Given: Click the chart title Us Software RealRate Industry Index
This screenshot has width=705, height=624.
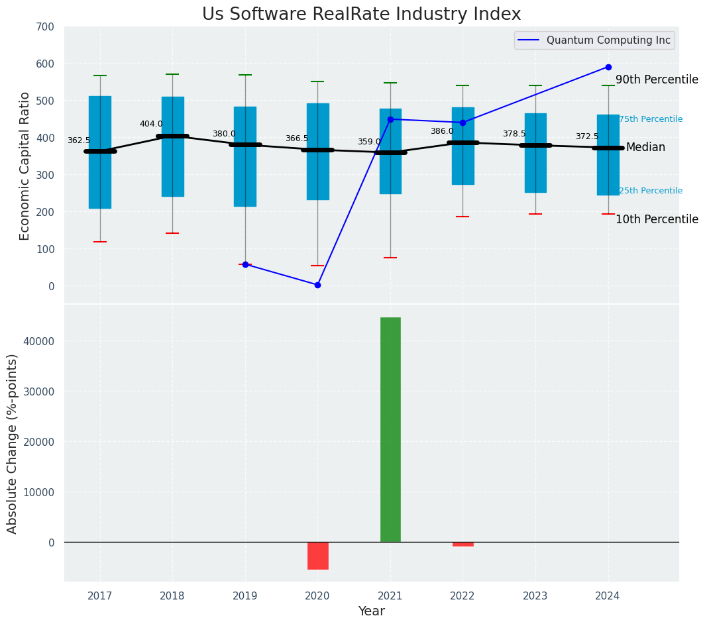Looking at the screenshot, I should (361, 15).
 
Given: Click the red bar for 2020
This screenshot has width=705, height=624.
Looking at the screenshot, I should (317, 555).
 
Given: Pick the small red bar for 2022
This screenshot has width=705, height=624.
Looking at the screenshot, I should (462, 544).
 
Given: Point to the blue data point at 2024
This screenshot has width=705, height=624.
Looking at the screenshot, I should (608, 67).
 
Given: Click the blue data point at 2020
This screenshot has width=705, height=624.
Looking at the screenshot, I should (317, 285).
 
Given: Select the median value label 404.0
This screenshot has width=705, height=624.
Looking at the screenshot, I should (151, 124).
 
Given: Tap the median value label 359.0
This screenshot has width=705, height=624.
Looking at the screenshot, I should (369, 142).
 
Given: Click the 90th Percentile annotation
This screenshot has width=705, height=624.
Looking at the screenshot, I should (657, 80).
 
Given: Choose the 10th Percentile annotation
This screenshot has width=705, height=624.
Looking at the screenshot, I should (657, 220).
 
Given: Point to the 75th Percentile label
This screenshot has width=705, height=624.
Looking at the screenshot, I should (650, 119).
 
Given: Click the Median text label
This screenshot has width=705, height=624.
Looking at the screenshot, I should (645, 148).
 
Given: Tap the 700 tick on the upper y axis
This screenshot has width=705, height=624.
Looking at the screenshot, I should (45, 27).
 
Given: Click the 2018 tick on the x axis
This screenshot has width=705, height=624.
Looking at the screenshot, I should (172, 596).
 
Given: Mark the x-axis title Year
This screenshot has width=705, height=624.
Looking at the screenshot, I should (371, 611).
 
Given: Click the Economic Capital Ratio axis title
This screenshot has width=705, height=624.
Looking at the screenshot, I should (25, 166).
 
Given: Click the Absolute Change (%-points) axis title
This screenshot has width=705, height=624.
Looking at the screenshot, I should (13, 443).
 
